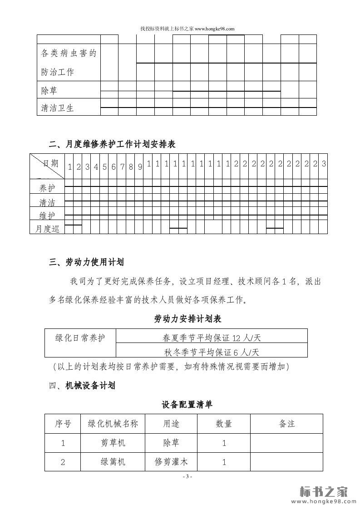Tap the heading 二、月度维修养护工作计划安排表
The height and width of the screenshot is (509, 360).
(x=112, y=144)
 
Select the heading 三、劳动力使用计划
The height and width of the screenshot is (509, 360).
(x=86, y=262)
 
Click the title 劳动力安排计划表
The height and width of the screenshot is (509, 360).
(x=188, y=319)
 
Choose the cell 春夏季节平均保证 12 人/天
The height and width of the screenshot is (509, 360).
(x=212, y=338)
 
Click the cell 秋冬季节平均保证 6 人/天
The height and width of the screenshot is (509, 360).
(x=212, y=352)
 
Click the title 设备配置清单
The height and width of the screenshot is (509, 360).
(x=187, y=404)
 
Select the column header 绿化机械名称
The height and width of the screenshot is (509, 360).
(x=113, y=424)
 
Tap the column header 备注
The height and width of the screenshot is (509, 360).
(x=286, y=424)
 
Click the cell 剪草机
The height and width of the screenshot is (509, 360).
(x=113, y=443)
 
